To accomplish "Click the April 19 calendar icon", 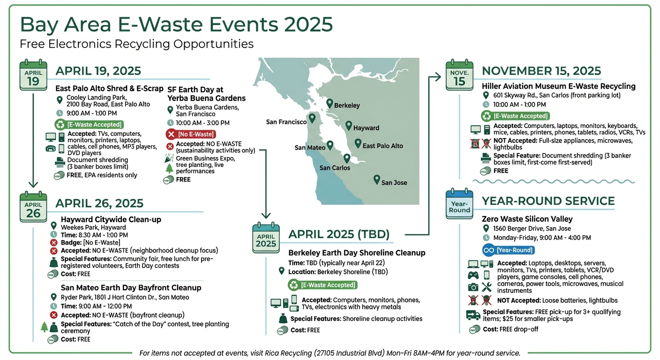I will [x=33, y=75].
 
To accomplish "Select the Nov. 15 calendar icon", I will [x=459, y=75].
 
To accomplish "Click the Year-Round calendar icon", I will [x=459, y=204].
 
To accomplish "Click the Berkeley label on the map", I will [x=347, y=105].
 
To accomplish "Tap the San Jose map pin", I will [x=376, y=179].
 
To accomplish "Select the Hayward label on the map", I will [x=366, y=128].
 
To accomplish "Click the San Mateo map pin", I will [x=330, y=145].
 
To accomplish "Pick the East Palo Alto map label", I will [x=382, y=146].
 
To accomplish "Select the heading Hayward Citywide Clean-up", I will [x=111, y=219].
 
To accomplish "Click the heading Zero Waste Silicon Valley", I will [x=527, y=219].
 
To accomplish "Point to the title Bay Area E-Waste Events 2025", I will [x=176, y=24].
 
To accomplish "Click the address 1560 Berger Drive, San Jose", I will [x=532, y=229].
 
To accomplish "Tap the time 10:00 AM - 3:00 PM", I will [x=202, y=123].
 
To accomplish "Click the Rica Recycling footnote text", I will [x=330, y=353].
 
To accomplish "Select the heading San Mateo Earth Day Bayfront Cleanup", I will [x=131, y=287].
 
